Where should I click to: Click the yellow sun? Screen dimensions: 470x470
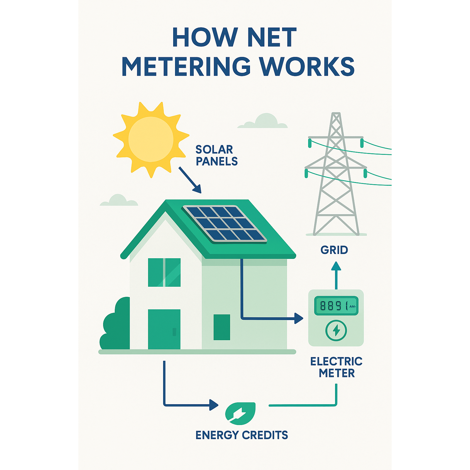pyautogui.click(x=151, y=139)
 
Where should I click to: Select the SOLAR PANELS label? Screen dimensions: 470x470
pyautogui.click(x=216, y=155)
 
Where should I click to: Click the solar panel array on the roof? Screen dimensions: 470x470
pyautogui.click(x=225, y=223)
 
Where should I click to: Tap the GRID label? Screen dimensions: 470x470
pyautogui.click(x=334, y=250)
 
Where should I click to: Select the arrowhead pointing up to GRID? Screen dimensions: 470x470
pyautogui.click(x=336, y=266)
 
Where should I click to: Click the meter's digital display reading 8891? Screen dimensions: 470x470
pyautogui.click(x=336, y=306)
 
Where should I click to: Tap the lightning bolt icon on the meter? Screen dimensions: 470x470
pyautogui.click(x=336, y=330)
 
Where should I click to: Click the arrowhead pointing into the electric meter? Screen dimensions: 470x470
pyautogui.click(x=298, y=318)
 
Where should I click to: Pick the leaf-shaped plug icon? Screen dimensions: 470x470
pyautogui.click(x=240, y=413)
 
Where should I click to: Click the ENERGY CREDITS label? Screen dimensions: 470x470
pyautogui.click(x=241, y=435)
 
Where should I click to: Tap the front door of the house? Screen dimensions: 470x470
pyautogui.click(x=164, y=329)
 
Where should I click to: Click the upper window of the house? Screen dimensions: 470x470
pyautogui.click(x=164, y=272)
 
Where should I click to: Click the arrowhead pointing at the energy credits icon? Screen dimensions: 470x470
pyautogui.click(x=214, y=405)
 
